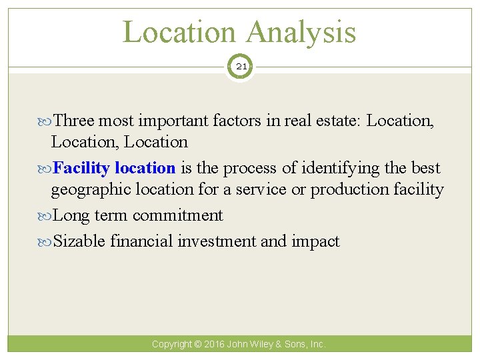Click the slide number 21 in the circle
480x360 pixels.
(240, 67)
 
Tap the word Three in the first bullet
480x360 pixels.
(73, 121)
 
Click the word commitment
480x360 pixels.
(178, 215)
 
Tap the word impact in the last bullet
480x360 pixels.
(315, 241)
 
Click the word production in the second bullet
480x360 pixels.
(349, 189)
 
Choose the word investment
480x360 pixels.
(217, 241)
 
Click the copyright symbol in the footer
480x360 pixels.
(198, 345)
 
